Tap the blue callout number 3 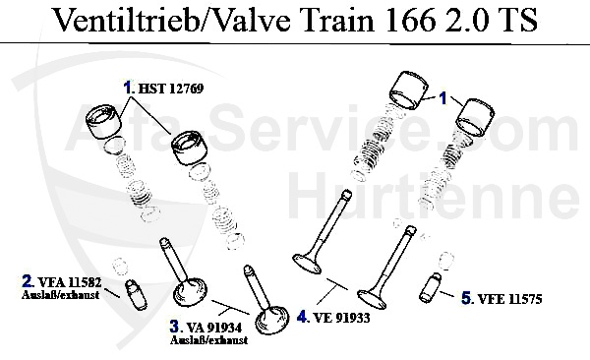(175, 327)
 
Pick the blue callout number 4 (304, 317)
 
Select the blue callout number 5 (467, 295)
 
